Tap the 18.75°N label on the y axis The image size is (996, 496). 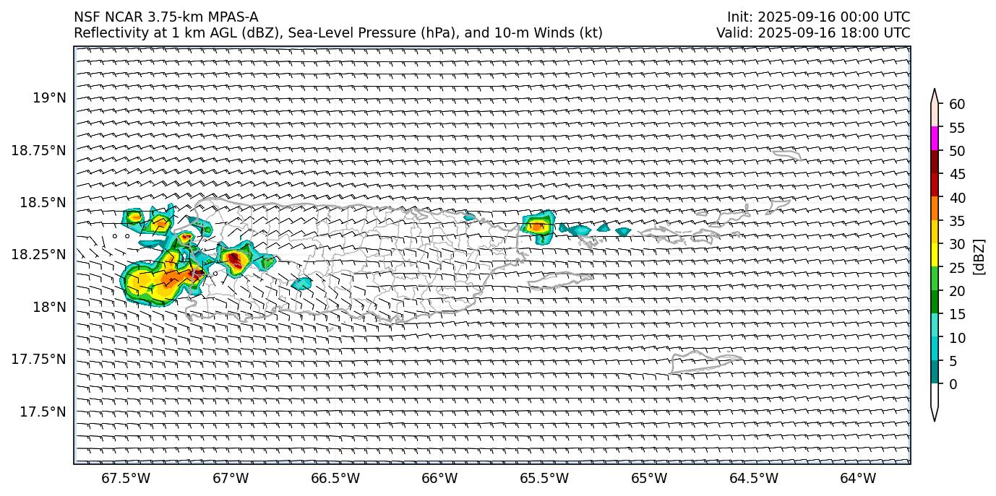(38, 150)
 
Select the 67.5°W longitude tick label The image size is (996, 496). (126, 478)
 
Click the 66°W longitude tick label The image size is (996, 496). (439, 478)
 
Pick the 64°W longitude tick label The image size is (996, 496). (858, 478)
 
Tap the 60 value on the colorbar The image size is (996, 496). (957, 105)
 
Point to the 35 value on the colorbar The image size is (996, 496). (957, 221)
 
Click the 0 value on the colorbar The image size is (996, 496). (953, 384)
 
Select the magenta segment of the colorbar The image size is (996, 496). (935, 139)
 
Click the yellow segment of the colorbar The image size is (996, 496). (935, 255)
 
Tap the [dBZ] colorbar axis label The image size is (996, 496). (980, 256)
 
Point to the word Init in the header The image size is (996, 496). (739, 17)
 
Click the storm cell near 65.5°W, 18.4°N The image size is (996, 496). (538, 225)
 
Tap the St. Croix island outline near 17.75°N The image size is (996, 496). (705, 361)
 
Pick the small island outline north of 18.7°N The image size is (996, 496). (786, 154)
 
